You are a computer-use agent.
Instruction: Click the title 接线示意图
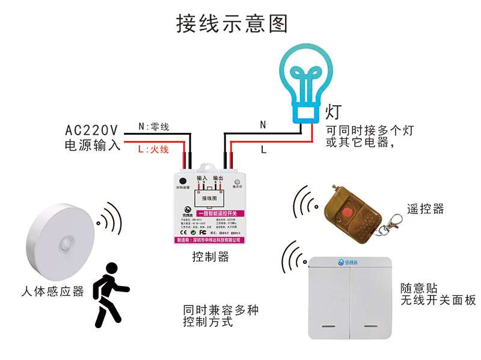point(232,23)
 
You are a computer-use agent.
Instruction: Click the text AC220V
point(91,129)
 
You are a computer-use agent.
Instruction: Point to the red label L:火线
point(154,148)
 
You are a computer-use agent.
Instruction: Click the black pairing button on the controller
point(183,179)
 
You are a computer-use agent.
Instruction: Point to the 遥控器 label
point(425,209)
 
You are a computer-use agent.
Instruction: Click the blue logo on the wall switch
point(348,262)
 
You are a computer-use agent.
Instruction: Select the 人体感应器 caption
point(52,291)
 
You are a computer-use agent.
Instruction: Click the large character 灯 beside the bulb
point(334,112)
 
